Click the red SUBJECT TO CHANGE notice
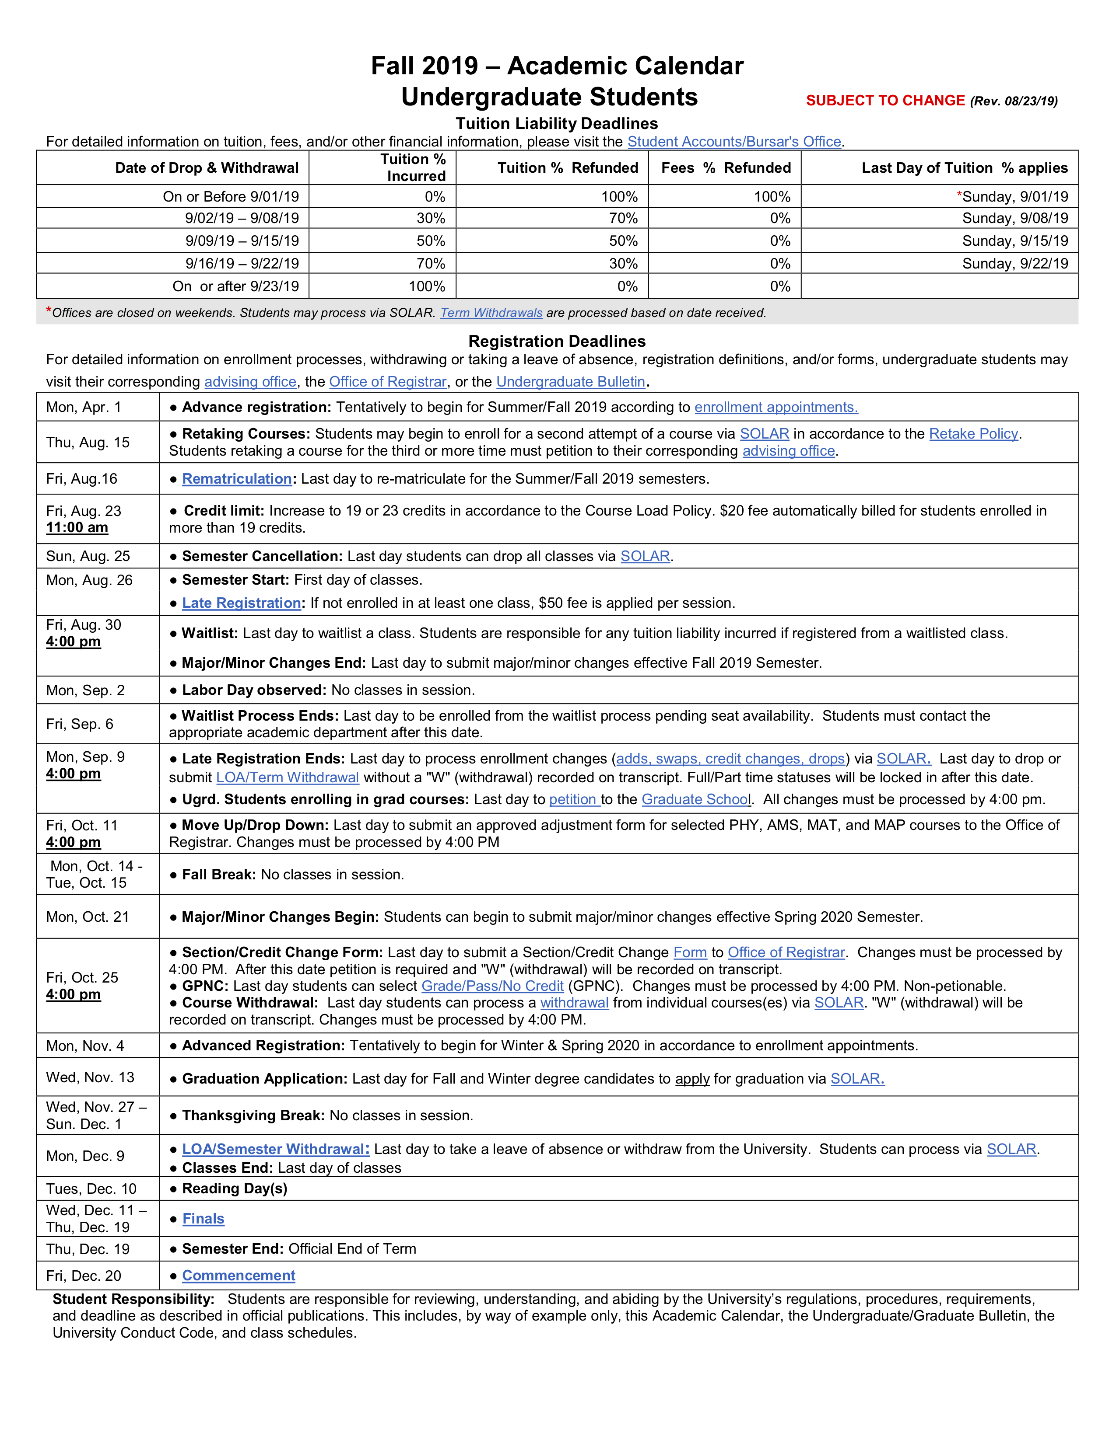pos(885,101)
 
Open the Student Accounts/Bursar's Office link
pos(734,141)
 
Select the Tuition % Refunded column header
pos(567,168)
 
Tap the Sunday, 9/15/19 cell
pos(1015,240)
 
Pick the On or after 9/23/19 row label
pos(235,286)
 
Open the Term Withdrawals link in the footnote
pos(491,313)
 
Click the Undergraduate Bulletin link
pos(571,381)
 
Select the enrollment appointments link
pos(776,407)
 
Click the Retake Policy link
pos(973,433)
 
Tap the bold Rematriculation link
pos(237,478)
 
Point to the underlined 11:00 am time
pos(77,527)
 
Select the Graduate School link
pos(695,799)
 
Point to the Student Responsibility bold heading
pos(133,1299)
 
